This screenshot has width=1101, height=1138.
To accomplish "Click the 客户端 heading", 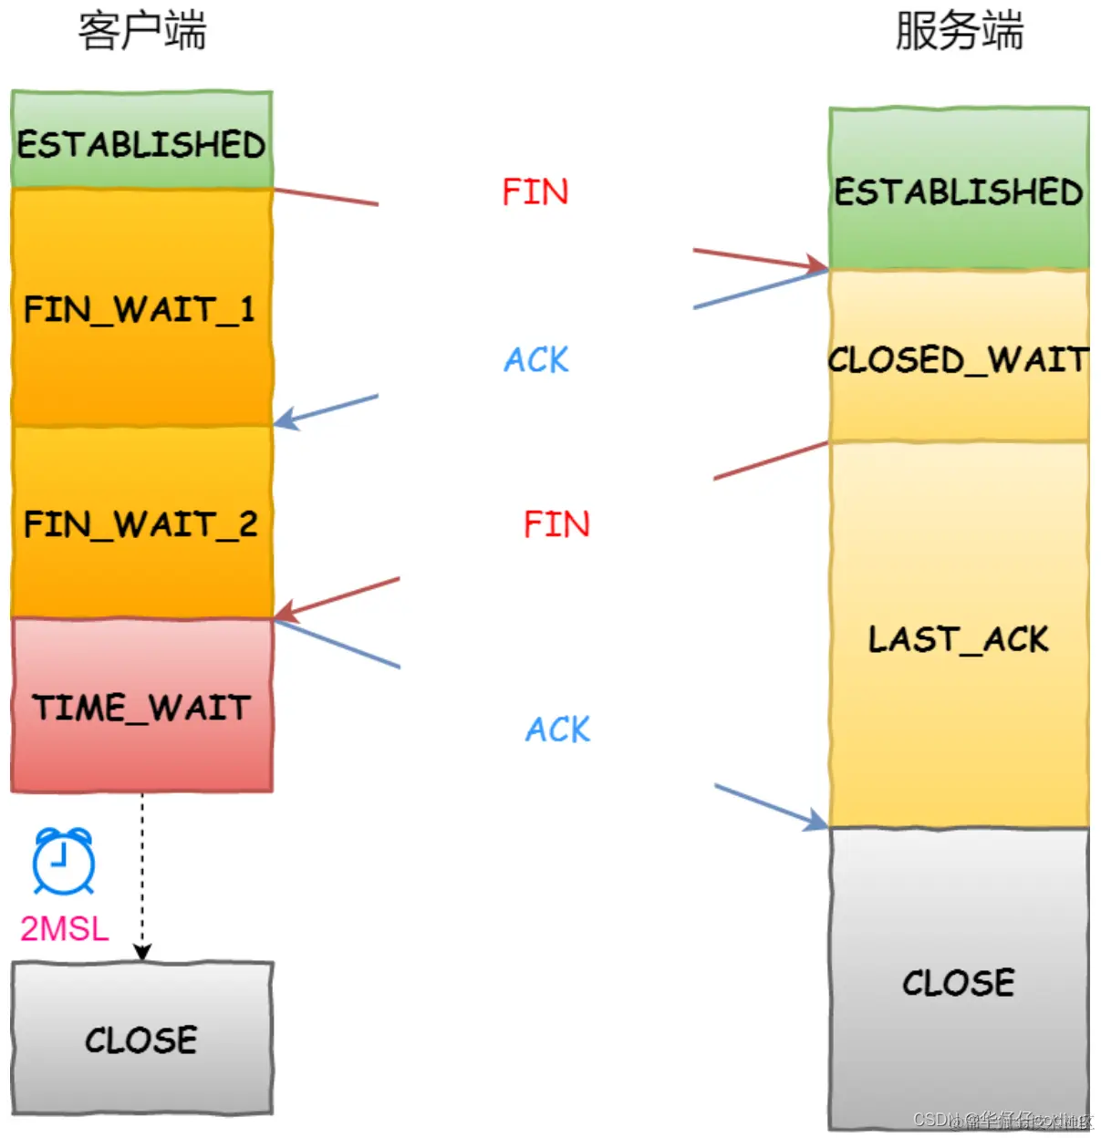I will point(142,31).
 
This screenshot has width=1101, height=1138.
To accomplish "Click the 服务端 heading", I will point(959,31).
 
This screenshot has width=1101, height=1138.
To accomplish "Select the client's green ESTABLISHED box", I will point(141,141).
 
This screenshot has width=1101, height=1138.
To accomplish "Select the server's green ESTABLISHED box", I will point(959,190).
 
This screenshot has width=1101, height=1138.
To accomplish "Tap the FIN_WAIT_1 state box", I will point(141,308).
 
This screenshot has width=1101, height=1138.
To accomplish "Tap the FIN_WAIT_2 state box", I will point(141,523).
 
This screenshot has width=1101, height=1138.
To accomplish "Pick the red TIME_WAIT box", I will point(141,706).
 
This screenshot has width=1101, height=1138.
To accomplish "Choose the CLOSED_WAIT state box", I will point(959,357).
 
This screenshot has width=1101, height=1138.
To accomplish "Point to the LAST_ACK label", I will point(959,638).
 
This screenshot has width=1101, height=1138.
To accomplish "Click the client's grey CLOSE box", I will point(141,1039).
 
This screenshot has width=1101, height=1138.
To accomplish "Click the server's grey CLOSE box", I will point(959,981).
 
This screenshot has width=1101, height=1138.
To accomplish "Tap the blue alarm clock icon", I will point(64,861).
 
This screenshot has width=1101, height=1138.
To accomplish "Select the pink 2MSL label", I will point(64,928).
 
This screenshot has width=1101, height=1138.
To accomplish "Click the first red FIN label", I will point(535,191).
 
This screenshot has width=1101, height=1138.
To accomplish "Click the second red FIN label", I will point(556,524).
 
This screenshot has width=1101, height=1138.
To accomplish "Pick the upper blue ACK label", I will point(536,359).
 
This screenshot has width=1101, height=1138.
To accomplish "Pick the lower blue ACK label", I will point(557,729).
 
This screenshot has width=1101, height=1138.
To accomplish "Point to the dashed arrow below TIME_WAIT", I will point(142,875).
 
